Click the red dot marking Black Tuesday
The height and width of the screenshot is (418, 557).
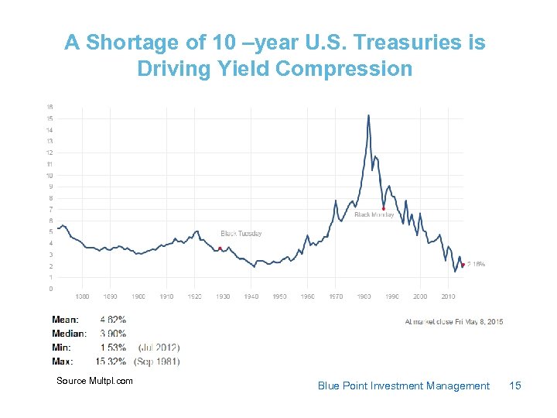(x=220, y=248)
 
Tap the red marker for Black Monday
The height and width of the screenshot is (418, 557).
(x=384, y=208)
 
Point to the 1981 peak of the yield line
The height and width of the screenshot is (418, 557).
(x=368, y=115)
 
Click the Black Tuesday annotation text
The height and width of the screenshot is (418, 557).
(x=241, y=233)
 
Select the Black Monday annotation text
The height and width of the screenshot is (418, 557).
(x=374, y=214)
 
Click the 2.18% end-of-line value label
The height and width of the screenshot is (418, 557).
(x=476, y=264)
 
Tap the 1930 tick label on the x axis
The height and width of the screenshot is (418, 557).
(x=223, y=296)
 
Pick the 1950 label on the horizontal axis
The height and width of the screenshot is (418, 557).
(x=279, y=296)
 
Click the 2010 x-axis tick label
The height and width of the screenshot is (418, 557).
(x=448, y=296)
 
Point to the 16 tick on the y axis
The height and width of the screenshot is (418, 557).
(x=50, y=107)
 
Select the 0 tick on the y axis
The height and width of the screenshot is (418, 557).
(x=51, y=289)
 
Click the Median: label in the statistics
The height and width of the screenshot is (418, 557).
(x=69, y=333)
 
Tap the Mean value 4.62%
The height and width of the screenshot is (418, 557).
(x=113, y=319)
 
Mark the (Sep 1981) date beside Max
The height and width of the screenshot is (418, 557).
(x=157, y=361)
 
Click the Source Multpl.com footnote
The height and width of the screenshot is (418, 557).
(x=94, y=380)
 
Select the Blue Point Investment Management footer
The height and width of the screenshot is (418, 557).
(x=403, y=385)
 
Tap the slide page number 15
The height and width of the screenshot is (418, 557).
(x=516, y=385)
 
